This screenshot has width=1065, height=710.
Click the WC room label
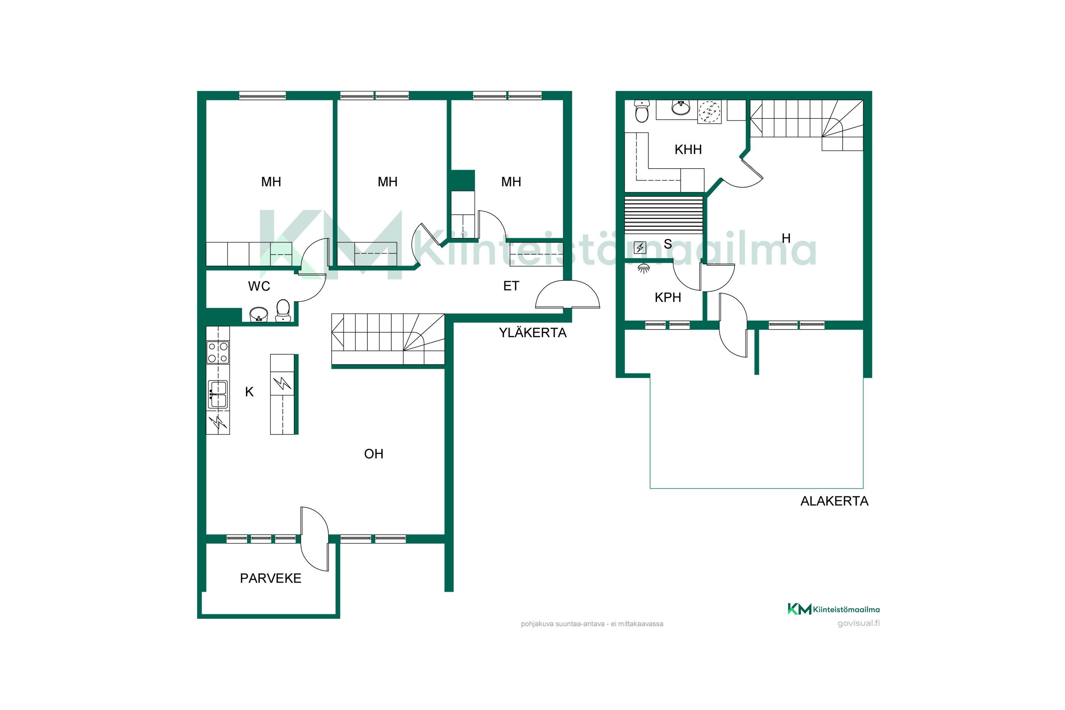pyautogui.click(x=259, y=286)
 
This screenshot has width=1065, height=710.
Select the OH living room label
pyautogui.click(x=373, y=454)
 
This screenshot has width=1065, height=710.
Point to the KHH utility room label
pyautogui.click(x=688, y=149)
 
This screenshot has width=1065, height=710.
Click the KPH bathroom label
pyautogui.click(x=667, y=297)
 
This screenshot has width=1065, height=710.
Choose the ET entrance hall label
pyautogui.click(x=511, y=286)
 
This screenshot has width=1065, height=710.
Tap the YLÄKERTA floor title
pyautogui.click(x=532, y=333)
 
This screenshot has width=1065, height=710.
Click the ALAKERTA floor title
pyautogui.click(x=835, y=501)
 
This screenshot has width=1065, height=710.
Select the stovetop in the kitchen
pyautogui.click(x=218, y=352)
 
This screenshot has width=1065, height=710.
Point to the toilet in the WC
pyautogui.click(x=283, y=311)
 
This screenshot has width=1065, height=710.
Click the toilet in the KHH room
pyautogui.click(x=641, y=111)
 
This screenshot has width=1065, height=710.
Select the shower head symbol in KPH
pyautogui.click(x=643, y=268)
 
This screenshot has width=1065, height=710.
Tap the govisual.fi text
pyautogui.click(x=858, y=623)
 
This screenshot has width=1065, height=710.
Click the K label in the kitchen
pyautogui.click(x=249, y=392)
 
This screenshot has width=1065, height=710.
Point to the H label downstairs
pyautogui.click(x=786, y=238)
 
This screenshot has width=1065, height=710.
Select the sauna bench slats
pyautogui.click(x=663, y=215)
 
